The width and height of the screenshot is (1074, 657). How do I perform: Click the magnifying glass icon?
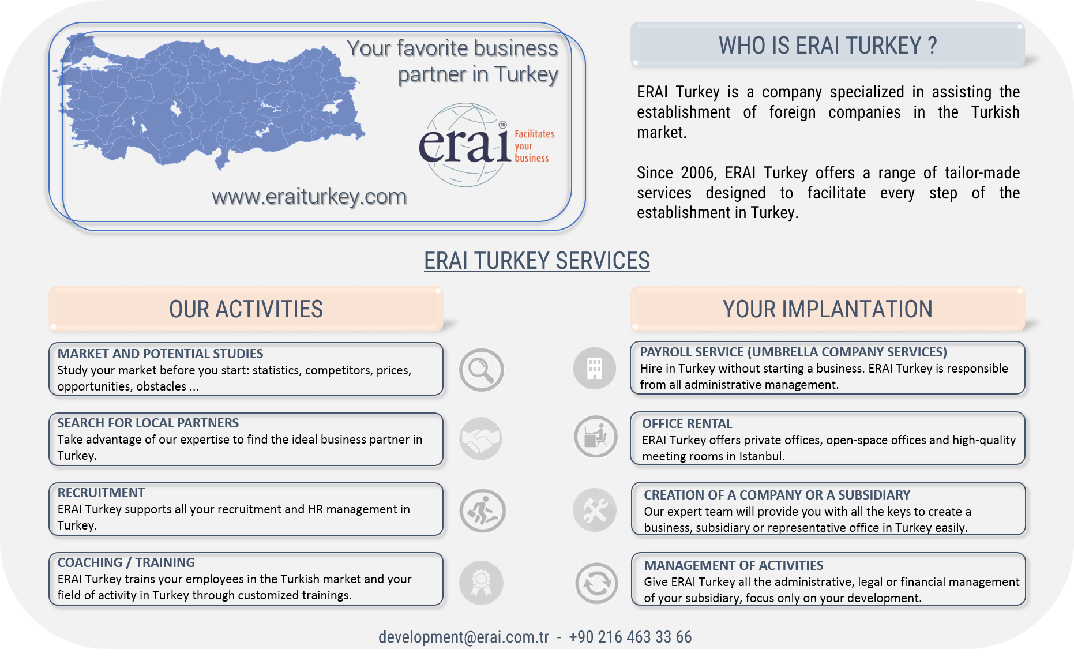[x=482, y=370]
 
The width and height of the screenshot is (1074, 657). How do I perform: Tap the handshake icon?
[x=481, y=439]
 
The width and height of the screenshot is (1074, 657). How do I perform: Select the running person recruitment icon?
[x=482, y=510]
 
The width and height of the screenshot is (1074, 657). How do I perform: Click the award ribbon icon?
[x=481, y=583]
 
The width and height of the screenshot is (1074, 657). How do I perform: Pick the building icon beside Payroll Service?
[x=595, y=368]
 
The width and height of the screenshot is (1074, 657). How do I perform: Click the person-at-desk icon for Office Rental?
[x=596, y=437]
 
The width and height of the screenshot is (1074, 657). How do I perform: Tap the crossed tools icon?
[x=595, y=510]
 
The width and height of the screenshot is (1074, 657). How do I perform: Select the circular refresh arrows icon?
[x=596, y=583]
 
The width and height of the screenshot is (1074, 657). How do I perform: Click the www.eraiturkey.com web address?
[x=309, y=197]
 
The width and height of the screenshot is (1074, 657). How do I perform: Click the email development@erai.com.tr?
[x=464, y=637]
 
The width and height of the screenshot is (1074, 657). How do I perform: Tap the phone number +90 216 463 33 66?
[x=630, y=637]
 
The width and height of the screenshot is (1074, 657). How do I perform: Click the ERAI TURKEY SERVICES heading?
[x=537, y=261]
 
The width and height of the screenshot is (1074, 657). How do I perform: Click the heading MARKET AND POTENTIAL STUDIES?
[x=160, y=354]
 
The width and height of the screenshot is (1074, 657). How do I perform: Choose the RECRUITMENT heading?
[x=101, y=493]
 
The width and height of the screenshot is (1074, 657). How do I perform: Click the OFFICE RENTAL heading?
[x=687, y=423]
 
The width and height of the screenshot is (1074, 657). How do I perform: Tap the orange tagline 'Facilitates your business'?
[x=534, y=145]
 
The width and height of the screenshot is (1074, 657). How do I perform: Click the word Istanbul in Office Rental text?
[x=760, y=456]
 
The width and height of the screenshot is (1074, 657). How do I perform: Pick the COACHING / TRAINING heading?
[x=126, y=562]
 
